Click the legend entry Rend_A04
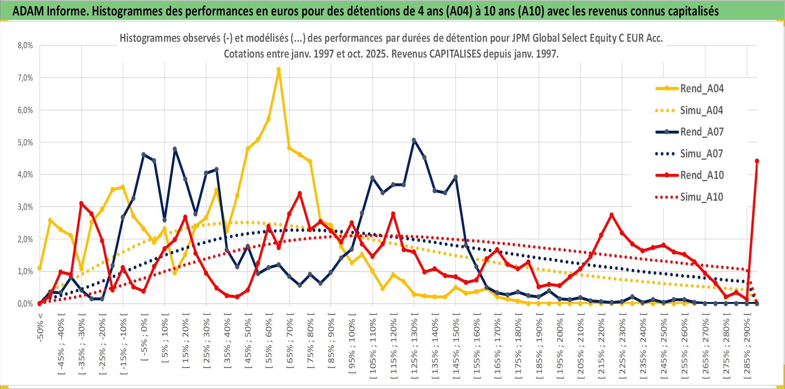point(701,88)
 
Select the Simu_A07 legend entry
point(701,154)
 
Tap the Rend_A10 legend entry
point(701,175)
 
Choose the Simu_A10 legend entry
point(701,197)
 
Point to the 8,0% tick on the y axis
point(25,46)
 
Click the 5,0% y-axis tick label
point(25,142)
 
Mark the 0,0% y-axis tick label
point(25,304)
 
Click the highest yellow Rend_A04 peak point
point(278,70)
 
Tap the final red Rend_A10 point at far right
point(757,161)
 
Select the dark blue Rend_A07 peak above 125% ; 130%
point(414,140)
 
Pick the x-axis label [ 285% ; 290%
point(747,348)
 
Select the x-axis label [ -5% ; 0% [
point(144,337)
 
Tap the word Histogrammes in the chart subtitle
point(145,38)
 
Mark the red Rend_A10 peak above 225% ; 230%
point(612,215)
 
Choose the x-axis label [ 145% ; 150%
point(456,348)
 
